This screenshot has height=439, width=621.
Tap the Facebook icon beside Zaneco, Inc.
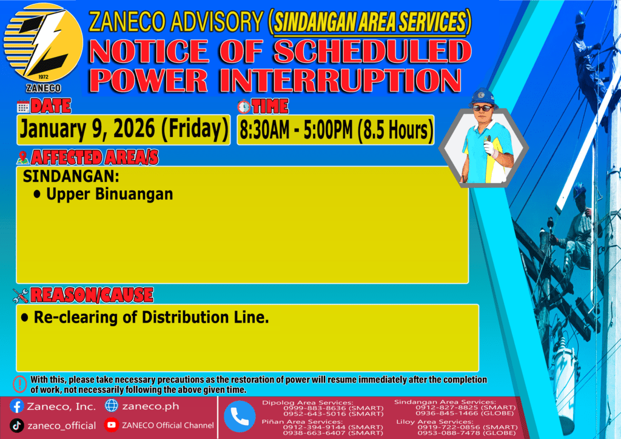click(x=17, y=406)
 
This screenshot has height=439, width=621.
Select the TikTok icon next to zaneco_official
click(x=16, y=426)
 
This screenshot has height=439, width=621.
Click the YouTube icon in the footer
click(x=112, y=424)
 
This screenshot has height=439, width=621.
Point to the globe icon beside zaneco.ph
click(x=112, y=406)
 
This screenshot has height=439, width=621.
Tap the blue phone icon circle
click(x=240, y=417)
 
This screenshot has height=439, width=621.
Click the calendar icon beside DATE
click(x=23, y=107)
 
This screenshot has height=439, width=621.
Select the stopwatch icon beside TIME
click(x=244, y=107)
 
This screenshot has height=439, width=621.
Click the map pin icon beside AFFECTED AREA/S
click(x=22, y=158)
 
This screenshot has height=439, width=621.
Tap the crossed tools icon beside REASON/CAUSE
click(x=21, y=295)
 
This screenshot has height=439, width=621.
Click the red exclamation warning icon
click(x=20, y=384)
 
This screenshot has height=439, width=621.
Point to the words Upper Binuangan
click(x=110, y=194)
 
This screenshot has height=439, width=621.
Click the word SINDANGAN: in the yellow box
click(x=71, y=176)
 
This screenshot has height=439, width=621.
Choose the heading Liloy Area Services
click(x=434, y=421)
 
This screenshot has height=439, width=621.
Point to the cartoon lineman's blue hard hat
click(x=483, y=97)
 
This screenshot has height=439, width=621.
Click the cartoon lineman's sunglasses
click(x=483, y=108)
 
